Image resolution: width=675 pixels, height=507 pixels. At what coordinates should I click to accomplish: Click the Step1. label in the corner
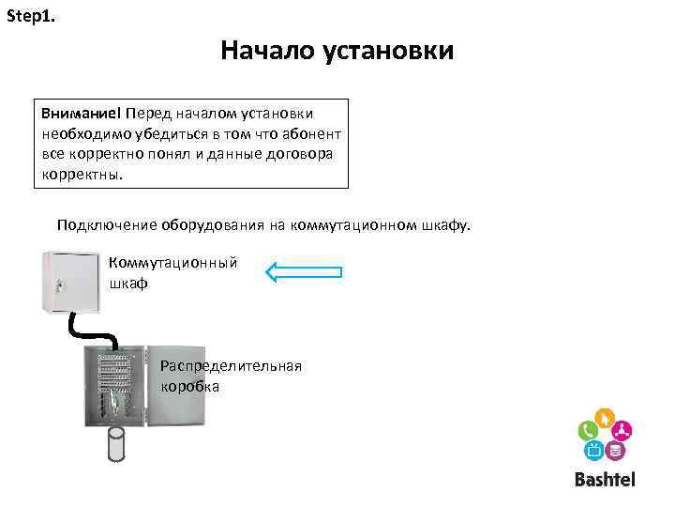(x=30, y=17)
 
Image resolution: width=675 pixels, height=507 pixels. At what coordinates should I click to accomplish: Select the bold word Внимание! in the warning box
(x=82, y=113)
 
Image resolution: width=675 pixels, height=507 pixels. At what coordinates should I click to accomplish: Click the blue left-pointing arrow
(x=304, y=272)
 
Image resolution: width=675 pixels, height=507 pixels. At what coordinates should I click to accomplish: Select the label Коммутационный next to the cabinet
(x=173, y=264)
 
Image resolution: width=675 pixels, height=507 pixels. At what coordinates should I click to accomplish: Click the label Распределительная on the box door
(x=231, y=366)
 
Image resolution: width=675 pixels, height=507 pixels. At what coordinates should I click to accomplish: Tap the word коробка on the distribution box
(x=189, y=386)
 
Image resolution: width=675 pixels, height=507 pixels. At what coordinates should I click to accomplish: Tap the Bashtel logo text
(x=605, y=480)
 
